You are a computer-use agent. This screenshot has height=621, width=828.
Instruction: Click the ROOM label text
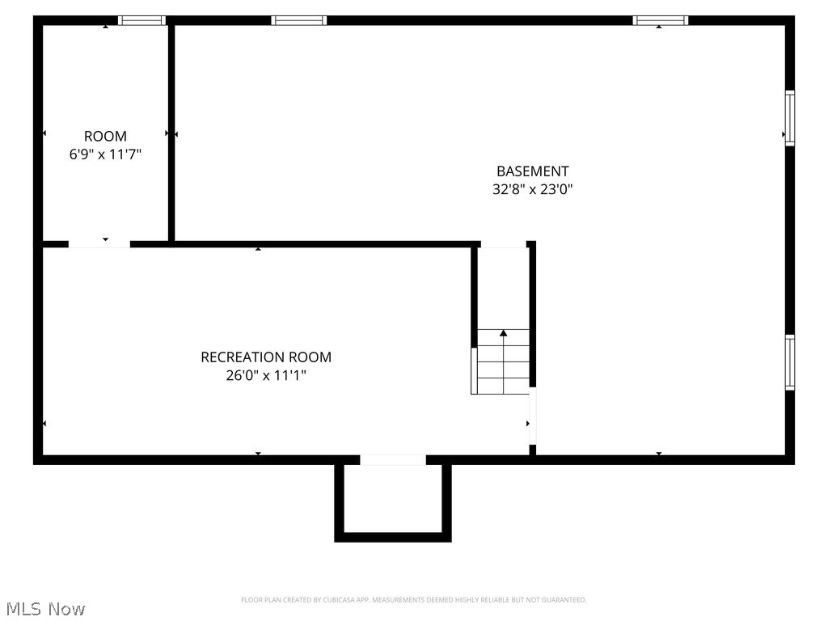click(x=105, y=137)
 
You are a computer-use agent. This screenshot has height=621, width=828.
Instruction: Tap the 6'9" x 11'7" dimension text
click(x=105, y=154)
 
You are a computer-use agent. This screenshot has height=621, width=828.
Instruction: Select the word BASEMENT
click(x=532, y=171)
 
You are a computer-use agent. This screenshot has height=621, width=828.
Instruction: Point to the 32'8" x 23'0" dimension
click(x=532, y=190)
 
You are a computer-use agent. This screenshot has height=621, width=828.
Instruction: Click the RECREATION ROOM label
click(x=266, y=357)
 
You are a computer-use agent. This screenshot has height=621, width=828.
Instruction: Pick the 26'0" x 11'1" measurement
click(x=266, y=376)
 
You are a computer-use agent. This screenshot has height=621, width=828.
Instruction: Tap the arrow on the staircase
click(x=503, y=333)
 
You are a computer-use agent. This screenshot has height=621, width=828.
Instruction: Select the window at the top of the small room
click(x=142, y=20)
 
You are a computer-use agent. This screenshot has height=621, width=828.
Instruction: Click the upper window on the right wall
click(x=790, y=118)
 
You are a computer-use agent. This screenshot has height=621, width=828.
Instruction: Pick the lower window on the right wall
click(x=790, y=362)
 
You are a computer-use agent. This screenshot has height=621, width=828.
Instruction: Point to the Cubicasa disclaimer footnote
click(x=413, y=600)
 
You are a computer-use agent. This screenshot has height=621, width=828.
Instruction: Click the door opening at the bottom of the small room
click(x=99, y=243)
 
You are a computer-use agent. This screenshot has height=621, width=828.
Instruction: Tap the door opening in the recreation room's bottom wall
click(x=393, y=460)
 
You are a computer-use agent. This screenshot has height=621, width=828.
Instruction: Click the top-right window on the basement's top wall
click(x=660, y=20)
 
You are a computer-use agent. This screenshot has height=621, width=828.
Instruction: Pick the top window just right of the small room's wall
click(x=299, y=20)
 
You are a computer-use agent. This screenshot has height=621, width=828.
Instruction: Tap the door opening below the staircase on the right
click(x=532, y=416)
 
